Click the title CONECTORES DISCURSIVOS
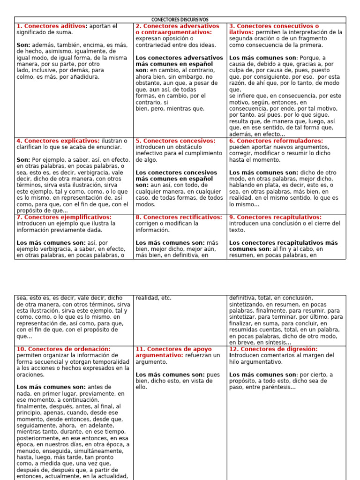[180, 19]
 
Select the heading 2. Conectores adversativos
[177, 26]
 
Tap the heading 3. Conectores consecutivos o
[274, 26]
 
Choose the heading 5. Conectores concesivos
[175, 141]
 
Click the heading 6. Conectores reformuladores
[276, 141]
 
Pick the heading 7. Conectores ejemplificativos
[64, 217]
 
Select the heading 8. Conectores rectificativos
[179, 217]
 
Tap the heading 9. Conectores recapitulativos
[275, 217]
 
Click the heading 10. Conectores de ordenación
[64, 349]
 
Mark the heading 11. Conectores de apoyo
[173, 349]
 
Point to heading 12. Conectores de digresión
[273, 349]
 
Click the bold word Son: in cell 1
[24, 45]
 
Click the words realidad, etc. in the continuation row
[153, 298]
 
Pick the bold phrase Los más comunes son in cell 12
[262, 375]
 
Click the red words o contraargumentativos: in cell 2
[173, 32]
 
